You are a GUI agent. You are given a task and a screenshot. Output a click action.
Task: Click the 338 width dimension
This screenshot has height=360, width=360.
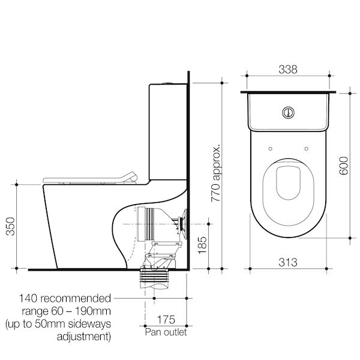(289, 70)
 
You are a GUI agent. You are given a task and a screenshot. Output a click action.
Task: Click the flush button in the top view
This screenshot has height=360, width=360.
(289, 111)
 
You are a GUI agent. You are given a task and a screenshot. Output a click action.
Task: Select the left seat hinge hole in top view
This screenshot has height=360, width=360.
(271, 149)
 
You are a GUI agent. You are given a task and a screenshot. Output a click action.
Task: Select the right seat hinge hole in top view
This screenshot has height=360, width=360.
(307, 149)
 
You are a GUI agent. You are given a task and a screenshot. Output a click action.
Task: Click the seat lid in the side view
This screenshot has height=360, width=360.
(90, 177)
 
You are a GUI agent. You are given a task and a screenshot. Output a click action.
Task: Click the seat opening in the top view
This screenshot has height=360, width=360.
(289, 182)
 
